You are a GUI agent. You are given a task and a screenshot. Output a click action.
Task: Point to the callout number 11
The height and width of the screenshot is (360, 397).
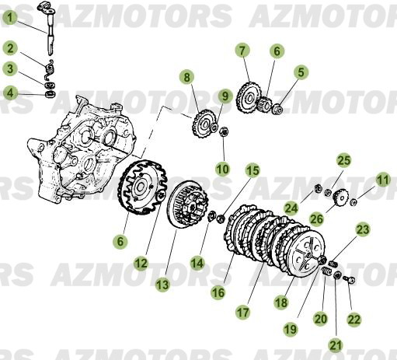(x=381, y=180)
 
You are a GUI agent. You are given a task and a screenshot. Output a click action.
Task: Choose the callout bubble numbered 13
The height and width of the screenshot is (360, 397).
(x=162, y=285)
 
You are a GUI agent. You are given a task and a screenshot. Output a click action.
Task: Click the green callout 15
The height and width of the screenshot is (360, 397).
(x=253, y=170)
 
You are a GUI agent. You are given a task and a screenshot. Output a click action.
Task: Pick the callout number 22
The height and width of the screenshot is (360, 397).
(x=354, y=318)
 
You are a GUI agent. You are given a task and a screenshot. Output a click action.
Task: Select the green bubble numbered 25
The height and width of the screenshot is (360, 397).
(x=343, y=160)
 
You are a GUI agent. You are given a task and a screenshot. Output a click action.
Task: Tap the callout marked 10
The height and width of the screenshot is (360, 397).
(x=222, y=168)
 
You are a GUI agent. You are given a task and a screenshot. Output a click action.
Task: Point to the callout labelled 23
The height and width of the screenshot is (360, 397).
(x=363, y=229)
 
